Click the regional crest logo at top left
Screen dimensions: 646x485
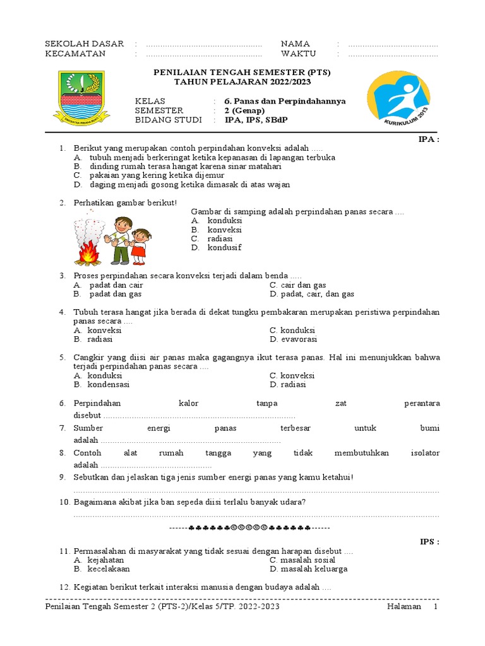[83, 97]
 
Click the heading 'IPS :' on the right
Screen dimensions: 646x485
[429, 541]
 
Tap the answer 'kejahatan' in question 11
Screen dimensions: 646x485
[105, 560]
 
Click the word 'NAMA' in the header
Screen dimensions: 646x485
[295, 44]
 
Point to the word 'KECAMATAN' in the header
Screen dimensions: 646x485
[75, 54]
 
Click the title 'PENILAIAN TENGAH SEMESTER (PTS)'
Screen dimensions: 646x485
[242, 73]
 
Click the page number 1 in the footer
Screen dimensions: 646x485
[434, 607]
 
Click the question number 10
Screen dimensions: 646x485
[64, 502]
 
